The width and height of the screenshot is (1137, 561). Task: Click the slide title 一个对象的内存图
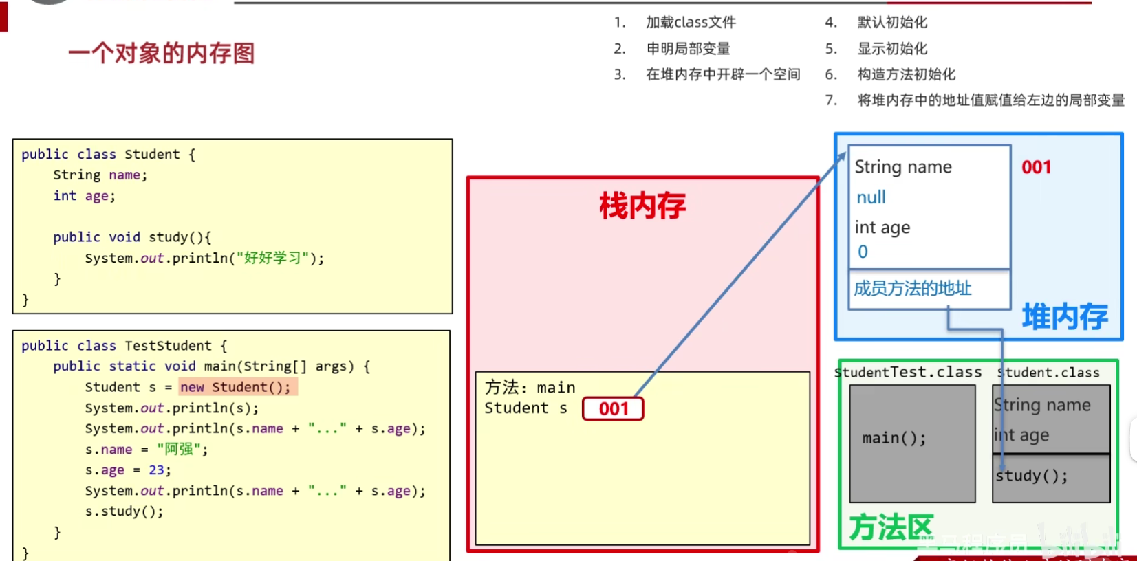162,53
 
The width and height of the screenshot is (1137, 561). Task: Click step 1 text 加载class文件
691,23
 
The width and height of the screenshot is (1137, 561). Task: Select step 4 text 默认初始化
892,23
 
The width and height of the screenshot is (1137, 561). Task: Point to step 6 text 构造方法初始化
906,74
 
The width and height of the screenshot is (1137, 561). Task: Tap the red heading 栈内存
642,206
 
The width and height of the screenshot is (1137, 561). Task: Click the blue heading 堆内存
1064,317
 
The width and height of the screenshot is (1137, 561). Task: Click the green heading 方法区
891,528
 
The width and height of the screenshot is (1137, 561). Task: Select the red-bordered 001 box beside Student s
613,409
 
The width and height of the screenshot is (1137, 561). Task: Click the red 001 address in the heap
1036,167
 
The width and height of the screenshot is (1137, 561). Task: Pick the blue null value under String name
871,198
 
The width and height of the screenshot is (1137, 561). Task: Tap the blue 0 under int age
863,252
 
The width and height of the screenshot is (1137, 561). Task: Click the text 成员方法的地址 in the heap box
912,289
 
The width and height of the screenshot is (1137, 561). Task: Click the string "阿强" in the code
179,450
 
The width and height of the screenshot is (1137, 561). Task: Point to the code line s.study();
124,511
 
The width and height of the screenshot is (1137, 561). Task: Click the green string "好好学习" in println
272,258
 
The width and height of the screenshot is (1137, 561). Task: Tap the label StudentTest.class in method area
908,373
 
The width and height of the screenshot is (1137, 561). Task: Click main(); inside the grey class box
894,438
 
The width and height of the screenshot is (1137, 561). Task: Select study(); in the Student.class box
1032,476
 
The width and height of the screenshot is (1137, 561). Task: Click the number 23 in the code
156,470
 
